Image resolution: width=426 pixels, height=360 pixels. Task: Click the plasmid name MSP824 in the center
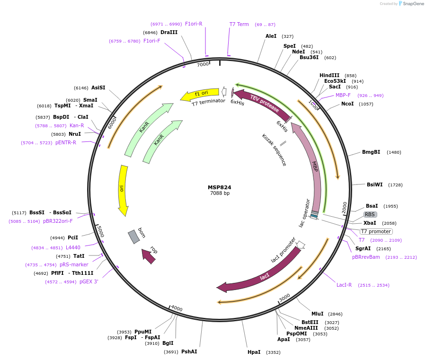219,187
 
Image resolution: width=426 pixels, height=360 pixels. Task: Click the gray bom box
134,237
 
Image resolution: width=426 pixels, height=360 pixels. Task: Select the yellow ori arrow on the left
123,189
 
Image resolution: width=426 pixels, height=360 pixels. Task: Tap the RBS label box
370,214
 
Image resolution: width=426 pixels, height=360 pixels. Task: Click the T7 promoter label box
376,231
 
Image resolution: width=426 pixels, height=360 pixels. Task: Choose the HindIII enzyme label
329,75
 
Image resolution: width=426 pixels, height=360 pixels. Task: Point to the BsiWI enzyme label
375,184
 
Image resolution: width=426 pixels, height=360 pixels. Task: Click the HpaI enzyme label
254,352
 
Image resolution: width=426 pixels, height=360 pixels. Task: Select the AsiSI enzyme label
98,88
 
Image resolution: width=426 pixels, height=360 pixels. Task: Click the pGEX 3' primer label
89,282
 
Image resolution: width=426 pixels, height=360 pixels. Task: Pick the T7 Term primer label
239,24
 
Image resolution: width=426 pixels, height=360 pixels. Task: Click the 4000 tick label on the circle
177,308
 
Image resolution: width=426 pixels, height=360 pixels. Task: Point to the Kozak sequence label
274,150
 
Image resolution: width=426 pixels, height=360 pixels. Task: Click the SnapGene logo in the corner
410,4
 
